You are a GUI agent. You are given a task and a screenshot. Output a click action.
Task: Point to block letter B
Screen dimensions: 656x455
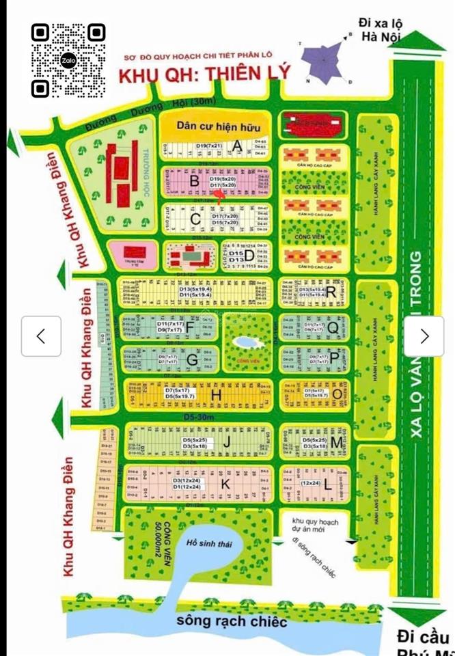click(x=195, y=182)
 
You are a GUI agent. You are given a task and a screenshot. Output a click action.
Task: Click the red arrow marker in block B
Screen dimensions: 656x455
click(x=219, y=195)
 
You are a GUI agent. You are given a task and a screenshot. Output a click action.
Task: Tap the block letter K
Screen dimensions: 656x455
click(x=225, y=484)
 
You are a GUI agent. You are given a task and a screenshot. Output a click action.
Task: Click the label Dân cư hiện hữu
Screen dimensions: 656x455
click(x=213, y=126)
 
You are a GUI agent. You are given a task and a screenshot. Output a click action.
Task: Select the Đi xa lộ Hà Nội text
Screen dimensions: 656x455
click(x=381, y=30)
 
